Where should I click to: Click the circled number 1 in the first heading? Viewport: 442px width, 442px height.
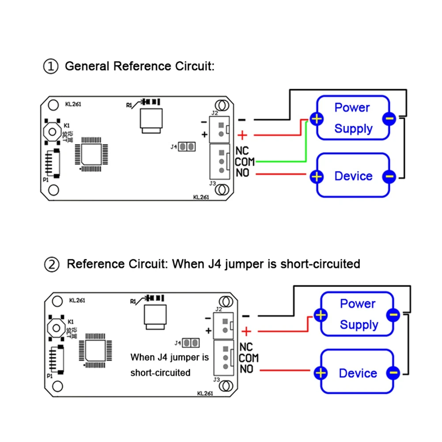(51, 67)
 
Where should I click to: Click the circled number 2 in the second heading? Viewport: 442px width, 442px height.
(52, 264)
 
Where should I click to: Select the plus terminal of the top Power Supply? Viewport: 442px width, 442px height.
(316, 119)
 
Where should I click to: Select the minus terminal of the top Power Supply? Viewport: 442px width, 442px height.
(389, 118)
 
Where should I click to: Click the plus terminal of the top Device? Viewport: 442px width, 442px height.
(316, 176)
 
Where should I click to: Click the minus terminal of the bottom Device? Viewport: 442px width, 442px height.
(393, 373)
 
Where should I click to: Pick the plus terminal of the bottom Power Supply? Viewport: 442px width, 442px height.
(320, 315)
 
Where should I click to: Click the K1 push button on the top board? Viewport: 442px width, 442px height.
(53, 132)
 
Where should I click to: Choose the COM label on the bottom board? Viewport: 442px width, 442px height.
(249, 358)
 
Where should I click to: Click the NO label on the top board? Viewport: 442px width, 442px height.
(242, 173)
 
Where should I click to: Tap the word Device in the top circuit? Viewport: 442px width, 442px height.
(353, 176)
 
